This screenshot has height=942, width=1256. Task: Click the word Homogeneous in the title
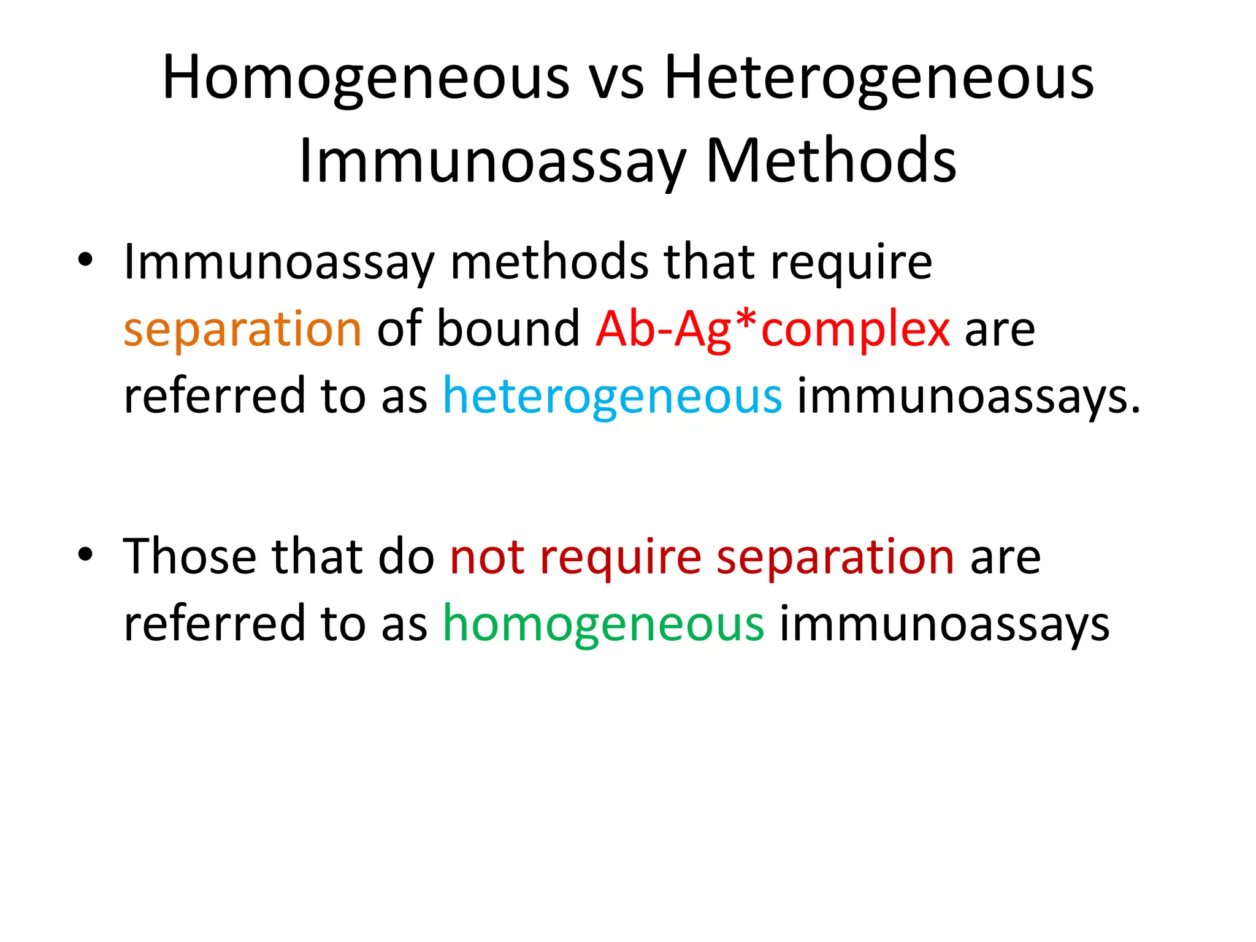[x=366, y=78]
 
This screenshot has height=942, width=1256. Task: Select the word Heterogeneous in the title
[x=879, y=78]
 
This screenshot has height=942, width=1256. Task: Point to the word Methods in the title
[x=831, y=161]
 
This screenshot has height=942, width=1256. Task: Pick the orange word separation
[x=242, y=329]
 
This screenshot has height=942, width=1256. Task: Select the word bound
[x=508, y=329]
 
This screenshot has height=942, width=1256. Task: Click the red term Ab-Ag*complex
[x=773, y=329]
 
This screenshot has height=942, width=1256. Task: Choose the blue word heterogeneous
[x=612, y=396]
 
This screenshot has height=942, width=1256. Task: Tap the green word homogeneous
[x=603, y=624]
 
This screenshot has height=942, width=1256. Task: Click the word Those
[x=190, y=557]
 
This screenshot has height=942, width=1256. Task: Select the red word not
[x=487, y=557]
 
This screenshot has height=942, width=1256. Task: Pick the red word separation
[x=835, y=557]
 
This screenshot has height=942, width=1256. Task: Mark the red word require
[x=621, y=557]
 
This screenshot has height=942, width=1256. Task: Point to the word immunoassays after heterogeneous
[x=968, y=396]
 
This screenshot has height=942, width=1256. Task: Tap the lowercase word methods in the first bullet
[x=549, y=262]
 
